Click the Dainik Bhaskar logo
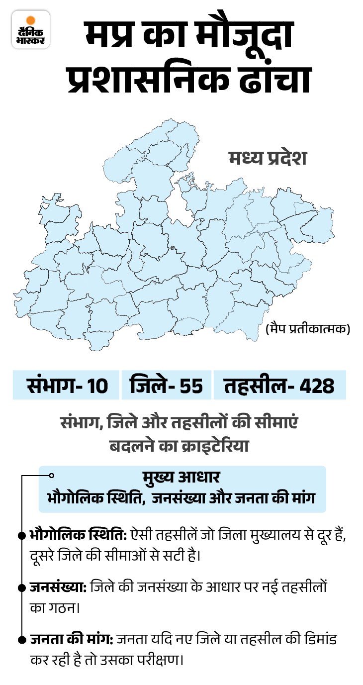coord(31,30)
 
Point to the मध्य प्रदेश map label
coord(268,158)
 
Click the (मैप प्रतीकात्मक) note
coord(307,329)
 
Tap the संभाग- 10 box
coord(67,385)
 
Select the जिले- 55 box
coord(166,385)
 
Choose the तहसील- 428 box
coord(279,385)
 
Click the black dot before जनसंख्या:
coord(21,587)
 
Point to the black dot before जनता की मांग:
coord(21,639)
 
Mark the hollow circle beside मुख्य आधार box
coord(51,476)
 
